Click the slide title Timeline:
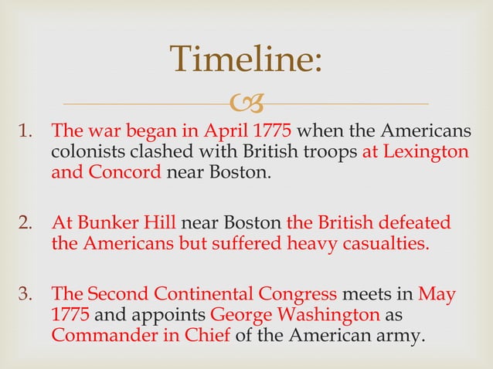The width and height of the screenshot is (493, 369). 246,61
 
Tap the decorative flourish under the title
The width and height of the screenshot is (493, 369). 246,103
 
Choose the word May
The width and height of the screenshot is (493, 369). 437,295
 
